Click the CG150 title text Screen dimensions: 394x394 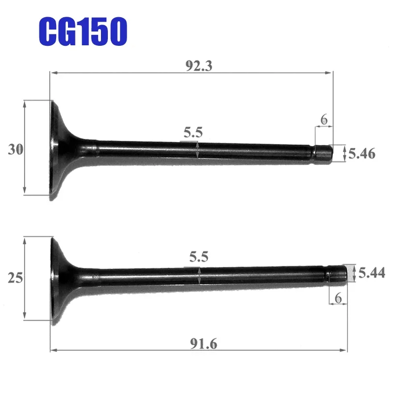point(82,31)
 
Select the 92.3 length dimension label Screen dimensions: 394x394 point(198,66)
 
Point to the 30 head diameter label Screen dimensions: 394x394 point(15,150)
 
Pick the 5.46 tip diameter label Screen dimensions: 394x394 point(362,154)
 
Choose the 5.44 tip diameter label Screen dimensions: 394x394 point(371,272)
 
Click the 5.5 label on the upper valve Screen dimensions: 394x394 point(193,132)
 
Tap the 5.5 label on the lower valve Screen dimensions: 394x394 point(199,257)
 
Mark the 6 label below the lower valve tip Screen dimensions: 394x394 point(338,298)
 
